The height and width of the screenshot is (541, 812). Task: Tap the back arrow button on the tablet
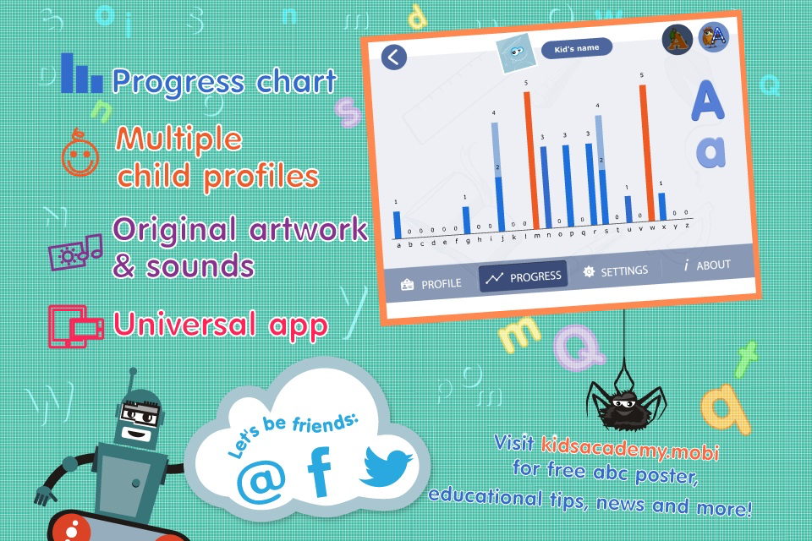394,57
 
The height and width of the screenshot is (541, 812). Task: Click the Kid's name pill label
576,48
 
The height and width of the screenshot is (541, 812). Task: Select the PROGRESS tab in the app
523,277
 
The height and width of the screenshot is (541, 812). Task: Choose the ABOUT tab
707,265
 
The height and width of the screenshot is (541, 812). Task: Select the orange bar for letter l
531,160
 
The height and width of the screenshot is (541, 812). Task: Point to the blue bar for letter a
398,225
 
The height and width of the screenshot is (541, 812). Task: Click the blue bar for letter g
466,220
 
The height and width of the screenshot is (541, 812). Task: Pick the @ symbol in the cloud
261,483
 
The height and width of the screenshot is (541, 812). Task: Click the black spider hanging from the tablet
626,404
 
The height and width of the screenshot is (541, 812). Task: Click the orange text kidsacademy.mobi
630,448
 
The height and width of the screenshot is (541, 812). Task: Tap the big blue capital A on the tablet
707,100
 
